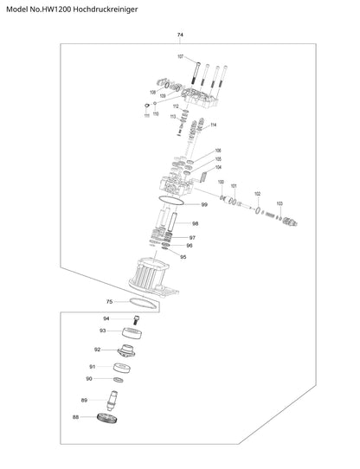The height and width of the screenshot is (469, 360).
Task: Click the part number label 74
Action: pos(180,35)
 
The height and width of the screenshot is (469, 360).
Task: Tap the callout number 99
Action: pos(204,204)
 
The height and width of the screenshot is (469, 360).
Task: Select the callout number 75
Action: pos(110,301)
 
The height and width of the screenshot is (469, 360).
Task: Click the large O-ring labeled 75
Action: pos(143,303)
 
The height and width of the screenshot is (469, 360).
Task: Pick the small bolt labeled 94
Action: pos(137,320)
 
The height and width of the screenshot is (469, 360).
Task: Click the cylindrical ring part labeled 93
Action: pos(132,333)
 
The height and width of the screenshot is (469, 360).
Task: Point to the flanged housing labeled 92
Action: pos(126,350)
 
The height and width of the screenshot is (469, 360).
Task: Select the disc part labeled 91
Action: pos(122,368)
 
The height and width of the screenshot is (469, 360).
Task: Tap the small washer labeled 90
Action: pos(119,380)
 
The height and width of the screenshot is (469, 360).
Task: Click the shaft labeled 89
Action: pos(112,401)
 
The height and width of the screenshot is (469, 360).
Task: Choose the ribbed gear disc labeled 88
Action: pos(107,418)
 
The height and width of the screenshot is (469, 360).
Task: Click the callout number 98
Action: pos(195,223)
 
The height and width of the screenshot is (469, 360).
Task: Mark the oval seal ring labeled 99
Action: pos(170,201)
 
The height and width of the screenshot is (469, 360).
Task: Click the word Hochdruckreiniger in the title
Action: pos(106,10)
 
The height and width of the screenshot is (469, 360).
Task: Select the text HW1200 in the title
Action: pos(59,10)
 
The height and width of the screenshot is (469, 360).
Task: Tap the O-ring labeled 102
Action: pos(258,210)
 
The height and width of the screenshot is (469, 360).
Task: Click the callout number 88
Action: pos(75,417)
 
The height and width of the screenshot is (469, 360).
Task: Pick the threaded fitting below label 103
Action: pos(290,222)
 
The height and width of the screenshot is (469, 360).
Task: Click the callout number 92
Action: pos(97,350)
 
